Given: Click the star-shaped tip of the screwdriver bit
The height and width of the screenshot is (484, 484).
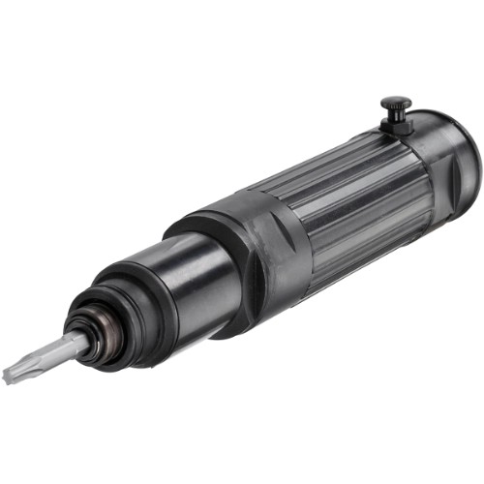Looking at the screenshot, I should (x=14, y=370).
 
